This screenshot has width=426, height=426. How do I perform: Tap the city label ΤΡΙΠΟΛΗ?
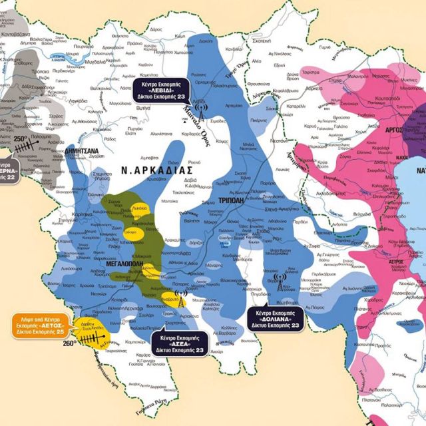(233, 200)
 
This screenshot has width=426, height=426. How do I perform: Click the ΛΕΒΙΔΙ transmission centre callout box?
(164, 91)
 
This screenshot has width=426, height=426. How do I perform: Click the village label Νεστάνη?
(279, 141)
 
